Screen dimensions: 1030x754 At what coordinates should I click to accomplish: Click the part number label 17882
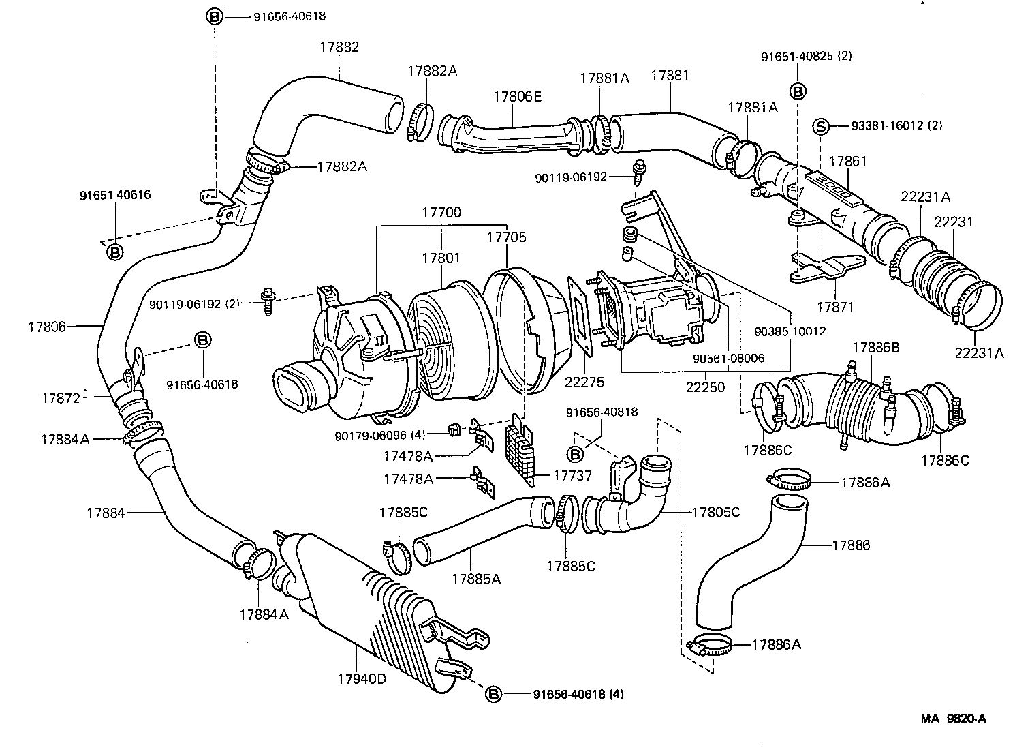tap(339, 47)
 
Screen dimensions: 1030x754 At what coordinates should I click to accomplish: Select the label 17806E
tap(517, 97)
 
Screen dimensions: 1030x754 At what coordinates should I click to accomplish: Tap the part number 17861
tap(847, 162)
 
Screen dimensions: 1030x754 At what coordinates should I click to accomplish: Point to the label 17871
tap(834, 307)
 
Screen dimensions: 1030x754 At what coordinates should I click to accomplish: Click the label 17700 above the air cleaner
tap(441, 213)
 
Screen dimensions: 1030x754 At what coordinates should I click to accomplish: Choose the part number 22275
tap(584, 382)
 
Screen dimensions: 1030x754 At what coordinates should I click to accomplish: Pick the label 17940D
tap(361, 679)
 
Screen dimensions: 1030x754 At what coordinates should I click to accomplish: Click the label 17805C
tap(715, 511)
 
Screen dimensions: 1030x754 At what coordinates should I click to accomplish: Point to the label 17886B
tap(876, 348)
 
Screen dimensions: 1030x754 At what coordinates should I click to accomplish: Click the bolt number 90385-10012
tap(790, 331)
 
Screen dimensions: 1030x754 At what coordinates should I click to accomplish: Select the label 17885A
tap(475, 579)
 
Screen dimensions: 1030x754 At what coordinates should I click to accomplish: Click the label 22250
tap(705, 387)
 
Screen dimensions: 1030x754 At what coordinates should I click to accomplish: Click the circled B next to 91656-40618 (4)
tap(493, 694)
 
